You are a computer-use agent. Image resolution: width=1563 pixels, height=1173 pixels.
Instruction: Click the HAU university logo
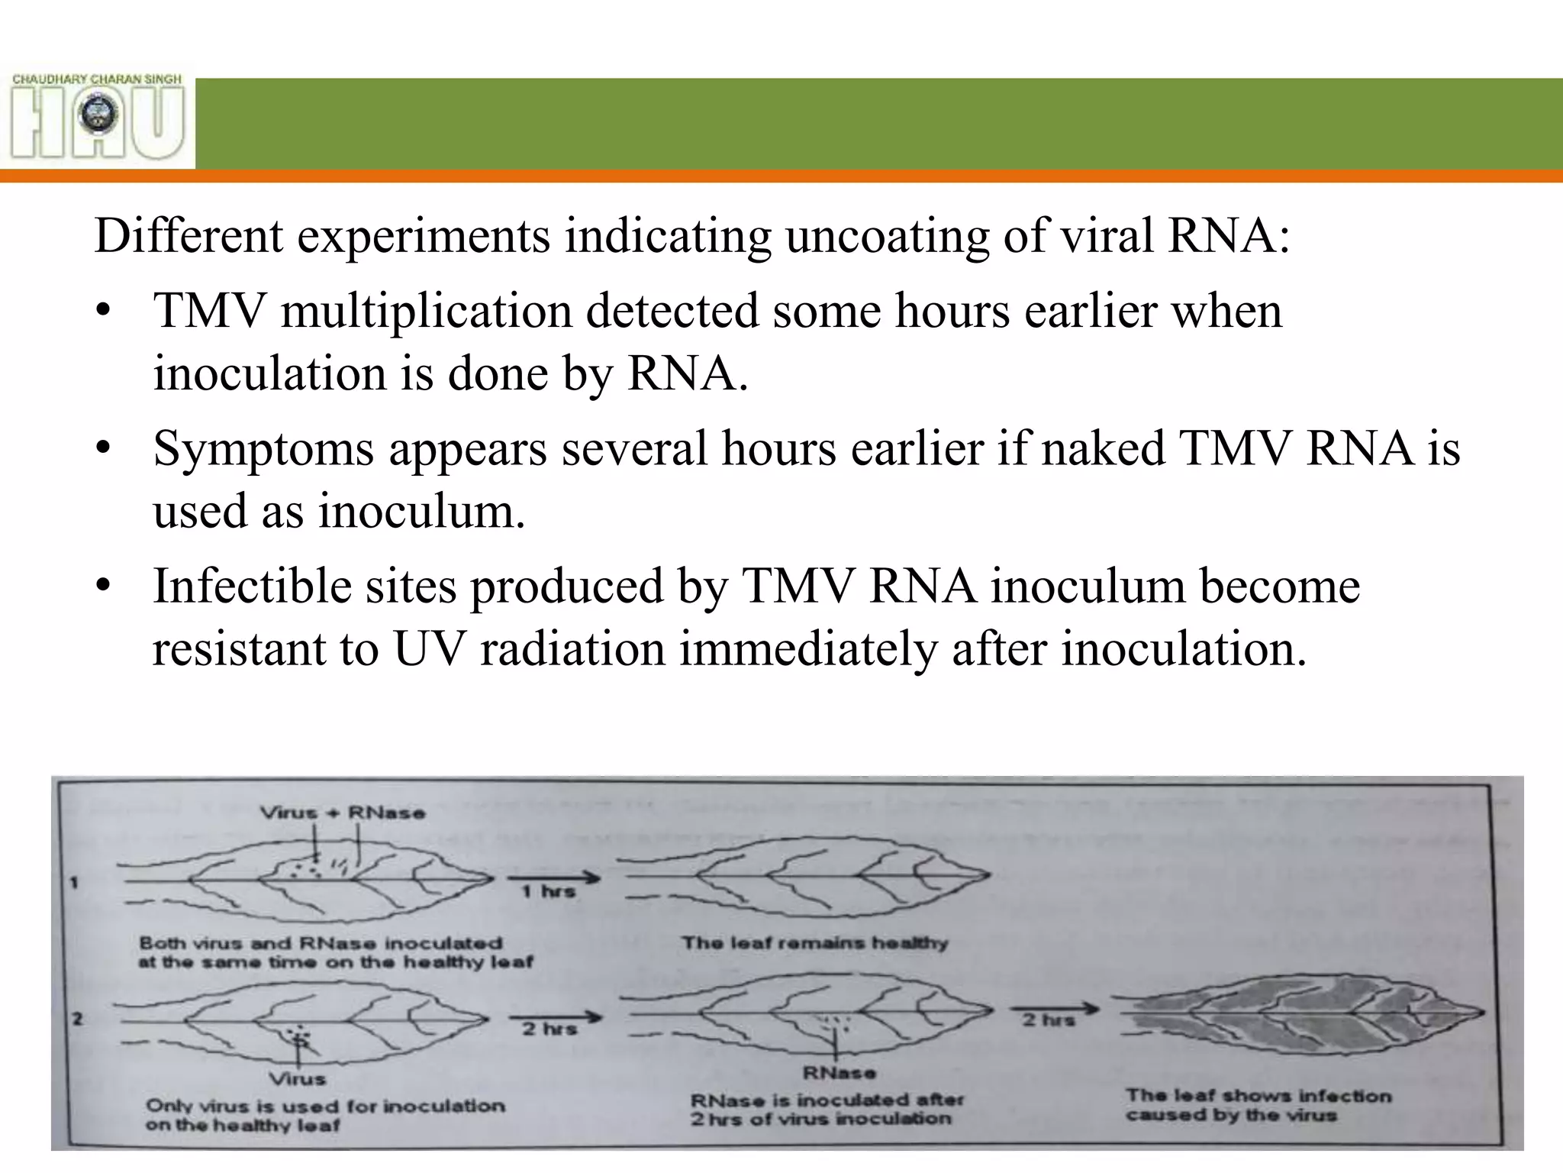pyautogui.click(x=98, y=116)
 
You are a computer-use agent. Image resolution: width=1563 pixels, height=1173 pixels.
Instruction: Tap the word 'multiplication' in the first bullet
pyautogui.click(x=426, y=311)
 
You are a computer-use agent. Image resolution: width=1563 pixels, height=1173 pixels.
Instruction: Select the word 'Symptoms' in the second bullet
pyautogui.click(x=263, y=448)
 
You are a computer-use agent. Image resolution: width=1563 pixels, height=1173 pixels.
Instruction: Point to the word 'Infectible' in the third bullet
pyautogui.click(x=252, y=586)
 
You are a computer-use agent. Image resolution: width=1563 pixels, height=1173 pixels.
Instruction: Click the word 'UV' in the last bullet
pyautogui.click(x=429, y=649)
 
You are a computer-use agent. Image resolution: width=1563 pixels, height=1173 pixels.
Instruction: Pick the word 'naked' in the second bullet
pyautogui.click(x=1103, y=448)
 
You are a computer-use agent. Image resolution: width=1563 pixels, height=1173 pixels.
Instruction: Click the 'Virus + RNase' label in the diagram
pyautogui.click(x=343, y=813)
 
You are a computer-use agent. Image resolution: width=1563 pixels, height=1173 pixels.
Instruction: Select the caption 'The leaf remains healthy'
pyautogui.click(x=814, y=943)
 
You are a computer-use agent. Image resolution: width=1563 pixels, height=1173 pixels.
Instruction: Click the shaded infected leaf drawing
pyautogui.click(x=1297, y=1014)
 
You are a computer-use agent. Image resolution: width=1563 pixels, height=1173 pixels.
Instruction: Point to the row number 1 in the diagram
pyautogui.click(x=74, y=883)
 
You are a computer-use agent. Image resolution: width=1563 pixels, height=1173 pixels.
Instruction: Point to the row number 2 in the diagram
pyautogui.click(x=76, y=1018)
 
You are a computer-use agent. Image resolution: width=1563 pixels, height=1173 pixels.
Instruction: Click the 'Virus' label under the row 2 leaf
pyautogui.click(x=298, y=1079)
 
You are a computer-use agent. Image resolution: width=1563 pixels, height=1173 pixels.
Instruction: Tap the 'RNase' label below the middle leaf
pyautogui.click(x=839, y=1073)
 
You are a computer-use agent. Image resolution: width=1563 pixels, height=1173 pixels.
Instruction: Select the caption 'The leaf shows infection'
pyautogui.click(x=1258, y=1096)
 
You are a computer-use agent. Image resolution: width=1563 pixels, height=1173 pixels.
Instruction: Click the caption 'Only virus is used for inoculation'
pyautogui.click(x=325, y=1106)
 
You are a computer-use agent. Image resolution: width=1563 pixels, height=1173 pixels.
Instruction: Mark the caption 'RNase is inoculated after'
pyautogui.click(x=827, y=1100)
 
